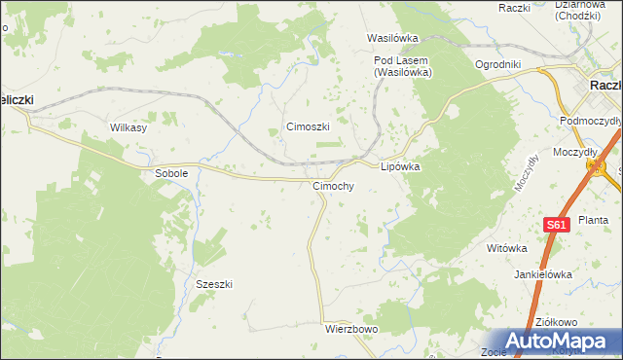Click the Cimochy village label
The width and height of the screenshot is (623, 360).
click(x=333, y=186)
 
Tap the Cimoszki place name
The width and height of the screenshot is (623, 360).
click(x=308, y=127)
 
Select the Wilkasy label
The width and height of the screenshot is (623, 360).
click(x=128, y=127)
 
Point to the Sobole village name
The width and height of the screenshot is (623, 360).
click(x=171, y=173)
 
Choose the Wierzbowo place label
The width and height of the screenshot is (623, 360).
click(x=350, y=330)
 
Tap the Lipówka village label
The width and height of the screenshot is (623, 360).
click(x=400, y=166)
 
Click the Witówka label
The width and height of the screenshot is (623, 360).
click(x=506, y=248)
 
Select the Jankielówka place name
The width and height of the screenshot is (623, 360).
click(x=543, y=274)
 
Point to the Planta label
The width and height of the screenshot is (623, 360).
click(x=593, y=221)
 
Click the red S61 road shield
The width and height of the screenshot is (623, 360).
click(x=555, y=225)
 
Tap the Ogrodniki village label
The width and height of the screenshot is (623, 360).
click(x=498, y=65)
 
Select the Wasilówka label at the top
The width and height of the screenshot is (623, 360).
click(x=392, y=39)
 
